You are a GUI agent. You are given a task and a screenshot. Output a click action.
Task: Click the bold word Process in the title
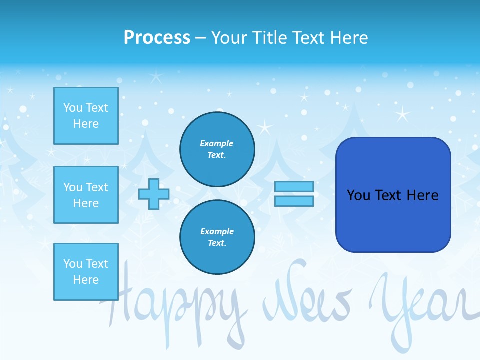point(157,38)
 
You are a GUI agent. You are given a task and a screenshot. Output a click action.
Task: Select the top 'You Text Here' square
point(86,116)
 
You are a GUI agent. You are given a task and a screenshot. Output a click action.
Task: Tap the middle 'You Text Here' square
point(86,195)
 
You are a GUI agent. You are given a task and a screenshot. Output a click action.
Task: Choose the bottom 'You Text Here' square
point(86,272)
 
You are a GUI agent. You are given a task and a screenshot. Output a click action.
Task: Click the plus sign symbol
point(154,194)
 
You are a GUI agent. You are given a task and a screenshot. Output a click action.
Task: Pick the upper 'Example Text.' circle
point(217,149)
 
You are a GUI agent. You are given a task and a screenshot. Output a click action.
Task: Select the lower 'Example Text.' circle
point(217,237)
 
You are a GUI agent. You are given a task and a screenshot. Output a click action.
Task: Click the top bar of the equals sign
point(294,187)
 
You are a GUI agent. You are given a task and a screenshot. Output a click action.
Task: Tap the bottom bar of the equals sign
point(294,201)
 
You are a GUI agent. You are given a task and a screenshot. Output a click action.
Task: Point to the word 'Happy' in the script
point(175,305)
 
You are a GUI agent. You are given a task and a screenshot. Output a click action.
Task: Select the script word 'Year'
point(420,305)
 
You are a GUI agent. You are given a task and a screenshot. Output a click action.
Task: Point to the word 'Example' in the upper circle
point(217,143)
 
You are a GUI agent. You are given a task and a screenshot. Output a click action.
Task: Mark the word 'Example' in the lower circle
point(217,231)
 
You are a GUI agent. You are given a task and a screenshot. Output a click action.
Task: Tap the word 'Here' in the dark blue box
point(423,195)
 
